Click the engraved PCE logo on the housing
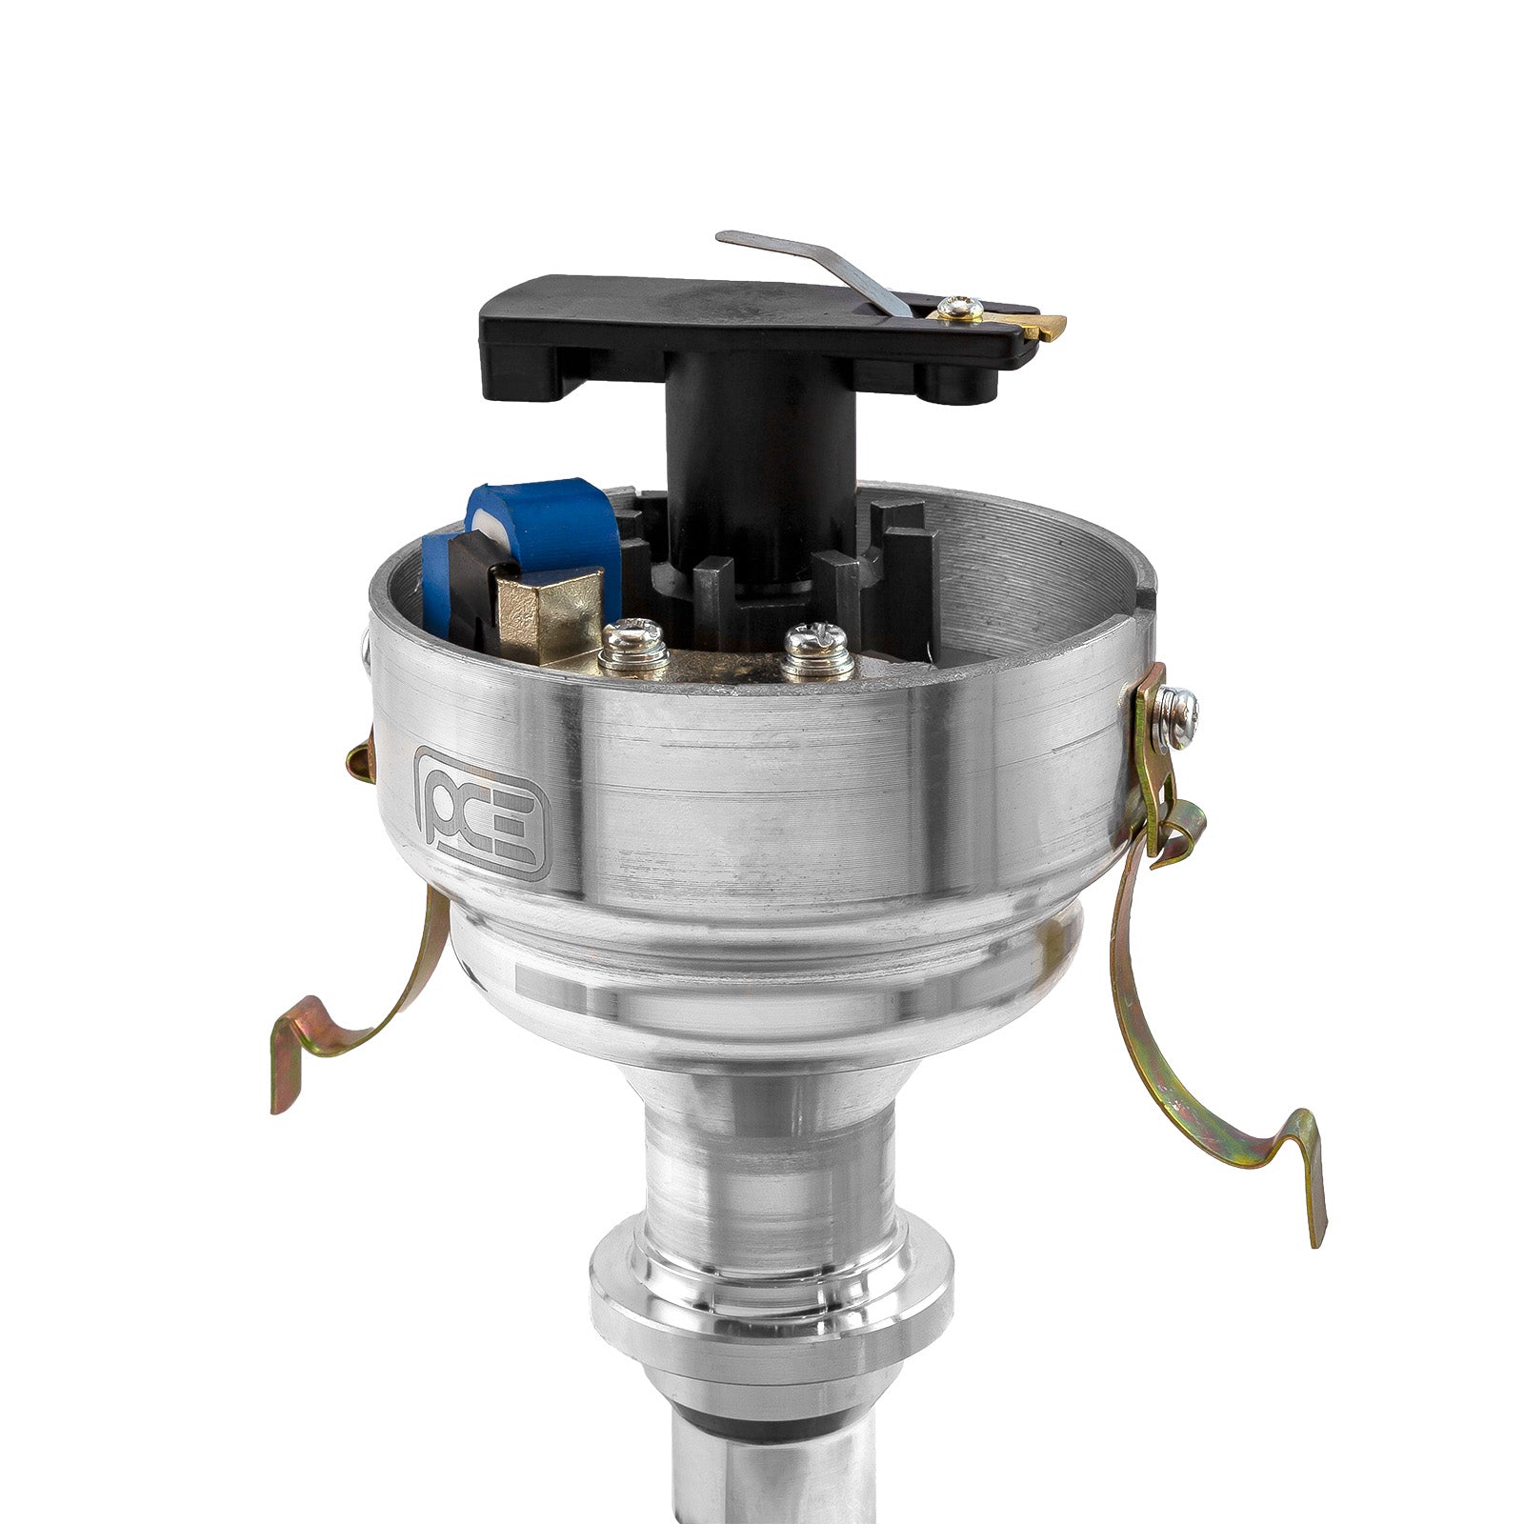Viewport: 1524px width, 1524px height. coord(482,811)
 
